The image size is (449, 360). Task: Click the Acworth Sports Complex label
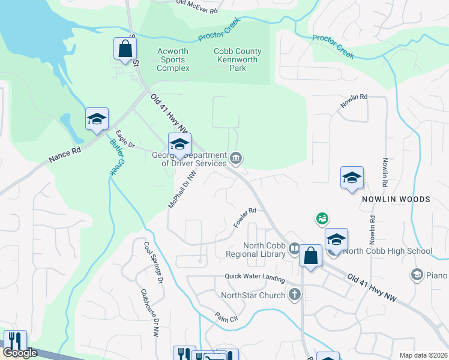[173, 59]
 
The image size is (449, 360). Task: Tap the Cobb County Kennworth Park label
[236, 59]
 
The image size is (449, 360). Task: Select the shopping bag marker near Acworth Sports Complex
[125, 49]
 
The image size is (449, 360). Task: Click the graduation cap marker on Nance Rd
[96, 118]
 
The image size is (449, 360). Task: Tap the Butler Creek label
[116, 157]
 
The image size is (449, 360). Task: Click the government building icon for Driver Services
[237, 158]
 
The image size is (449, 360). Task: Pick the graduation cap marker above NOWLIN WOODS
[352, 178]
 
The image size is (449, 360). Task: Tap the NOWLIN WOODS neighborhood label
[396, 199]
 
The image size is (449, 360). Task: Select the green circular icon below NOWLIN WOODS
[322, 219]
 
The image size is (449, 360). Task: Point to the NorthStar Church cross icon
[294, 295]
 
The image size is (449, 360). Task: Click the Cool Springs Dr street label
[153, 262]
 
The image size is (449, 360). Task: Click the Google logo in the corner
[20, 353]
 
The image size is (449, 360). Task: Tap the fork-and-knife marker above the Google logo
[14, 341]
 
